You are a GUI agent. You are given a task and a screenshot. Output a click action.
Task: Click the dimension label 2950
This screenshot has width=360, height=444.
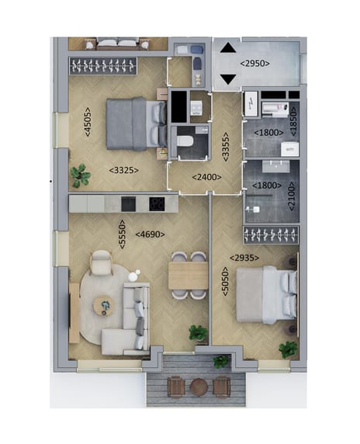(254, 64)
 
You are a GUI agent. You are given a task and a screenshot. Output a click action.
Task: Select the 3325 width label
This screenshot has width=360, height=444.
(125, 169)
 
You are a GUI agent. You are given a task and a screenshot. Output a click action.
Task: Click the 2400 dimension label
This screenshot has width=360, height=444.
(206, 177)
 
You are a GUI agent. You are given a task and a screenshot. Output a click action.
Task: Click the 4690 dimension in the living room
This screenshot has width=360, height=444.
(150, 234)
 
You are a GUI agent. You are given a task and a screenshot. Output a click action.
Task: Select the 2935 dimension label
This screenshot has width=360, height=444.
(244, 258)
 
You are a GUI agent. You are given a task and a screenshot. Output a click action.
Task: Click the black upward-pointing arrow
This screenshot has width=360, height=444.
(228, 47)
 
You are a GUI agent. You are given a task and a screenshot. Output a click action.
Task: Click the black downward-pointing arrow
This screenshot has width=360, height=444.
(228, 78)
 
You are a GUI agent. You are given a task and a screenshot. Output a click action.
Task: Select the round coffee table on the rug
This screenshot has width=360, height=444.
(104, 306)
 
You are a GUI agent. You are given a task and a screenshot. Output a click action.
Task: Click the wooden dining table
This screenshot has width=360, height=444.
(188, 275)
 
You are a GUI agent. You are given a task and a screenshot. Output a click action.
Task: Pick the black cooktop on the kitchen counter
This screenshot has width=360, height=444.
(157, 203)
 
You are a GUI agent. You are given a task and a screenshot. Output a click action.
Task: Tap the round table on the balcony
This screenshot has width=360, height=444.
(199, 385)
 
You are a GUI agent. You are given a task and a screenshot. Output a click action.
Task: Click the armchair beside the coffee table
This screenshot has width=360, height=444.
(101, 265)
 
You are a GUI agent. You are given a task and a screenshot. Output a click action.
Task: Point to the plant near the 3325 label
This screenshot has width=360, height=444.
(80, 175)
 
